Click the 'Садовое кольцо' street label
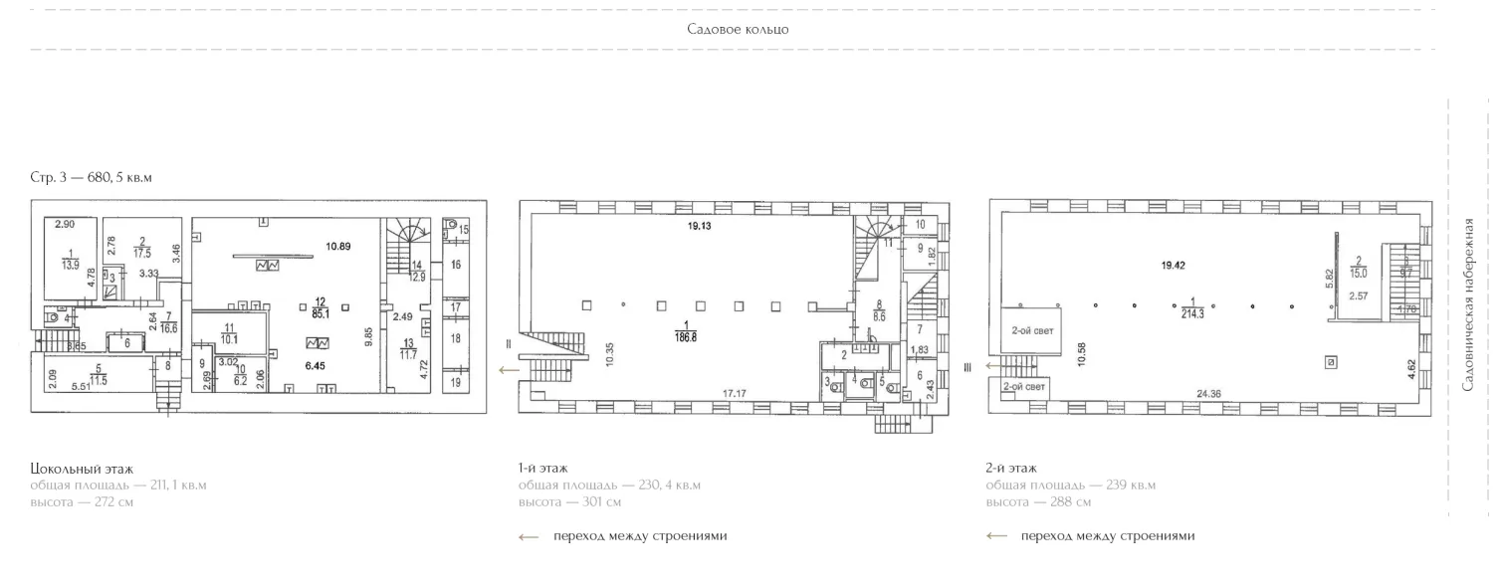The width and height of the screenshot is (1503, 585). click(x=738, y=29)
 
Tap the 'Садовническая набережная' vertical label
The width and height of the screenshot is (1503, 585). click(x=1475, y=304)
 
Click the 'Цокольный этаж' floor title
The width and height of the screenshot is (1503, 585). click(x=81, y=468)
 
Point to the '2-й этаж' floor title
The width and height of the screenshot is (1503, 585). click(x=1011, y=468)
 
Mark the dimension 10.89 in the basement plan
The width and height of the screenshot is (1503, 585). click(x=339, y=245)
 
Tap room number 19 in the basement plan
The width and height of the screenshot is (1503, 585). click(x=455, y=381)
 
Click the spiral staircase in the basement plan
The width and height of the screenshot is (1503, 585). click(x=409, y=236)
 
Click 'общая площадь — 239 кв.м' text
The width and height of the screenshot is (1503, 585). click(x=1070, y=486)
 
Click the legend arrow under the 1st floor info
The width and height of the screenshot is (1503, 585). click(x=529, y=536)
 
